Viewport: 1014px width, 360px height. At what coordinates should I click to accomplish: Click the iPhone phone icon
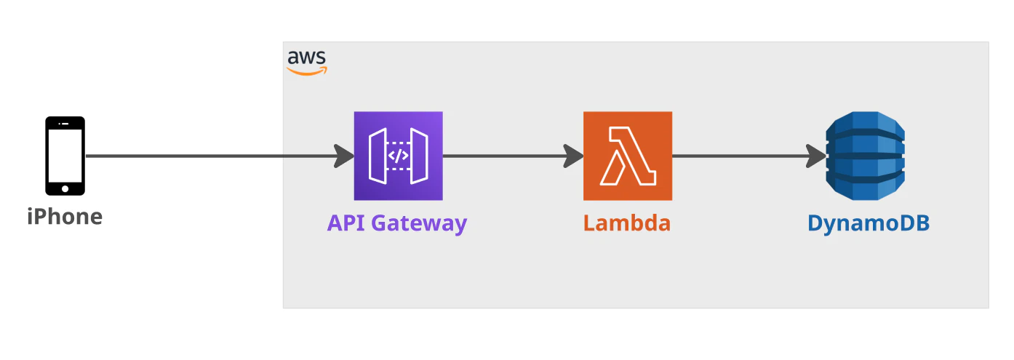(x=65, y=156)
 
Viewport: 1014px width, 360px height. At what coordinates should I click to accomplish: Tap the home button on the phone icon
(x=65, y=189)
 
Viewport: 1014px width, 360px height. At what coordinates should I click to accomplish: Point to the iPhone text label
(x=65, y=217)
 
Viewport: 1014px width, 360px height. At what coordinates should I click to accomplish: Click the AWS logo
(x=307, y=63)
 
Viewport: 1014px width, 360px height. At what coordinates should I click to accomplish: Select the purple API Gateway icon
(x=399, y=156)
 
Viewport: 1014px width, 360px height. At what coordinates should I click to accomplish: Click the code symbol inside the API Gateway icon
(x=399, y=156)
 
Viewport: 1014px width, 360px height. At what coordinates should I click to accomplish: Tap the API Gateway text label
(x=397, y=223)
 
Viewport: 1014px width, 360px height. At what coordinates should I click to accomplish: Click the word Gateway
(x=419, y=224)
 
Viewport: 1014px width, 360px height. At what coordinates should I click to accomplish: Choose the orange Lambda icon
(x=628, y=156)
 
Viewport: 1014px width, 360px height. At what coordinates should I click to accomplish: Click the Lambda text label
(x=627, y=223)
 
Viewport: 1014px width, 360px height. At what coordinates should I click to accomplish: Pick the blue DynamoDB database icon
(x=865, y=156)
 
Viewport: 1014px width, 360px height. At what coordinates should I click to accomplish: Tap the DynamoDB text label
(x=869, y=223)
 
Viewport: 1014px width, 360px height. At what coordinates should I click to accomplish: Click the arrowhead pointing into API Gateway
(x=345, y=156)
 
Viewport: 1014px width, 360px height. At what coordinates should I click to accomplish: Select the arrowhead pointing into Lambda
(x=574, y=156)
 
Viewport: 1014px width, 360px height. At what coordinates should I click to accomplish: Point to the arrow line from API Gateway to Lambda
(x=513, y=156)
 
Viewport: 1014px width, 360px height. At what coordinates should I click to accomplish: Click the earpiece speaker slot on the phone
(x=65, y=123)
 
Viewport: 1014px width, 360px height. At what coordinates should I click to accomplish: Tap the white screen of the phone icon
(x=65, y=156)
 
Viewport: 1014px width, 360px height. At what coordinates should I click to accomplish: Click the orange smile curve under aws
(x=307, y=71)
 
